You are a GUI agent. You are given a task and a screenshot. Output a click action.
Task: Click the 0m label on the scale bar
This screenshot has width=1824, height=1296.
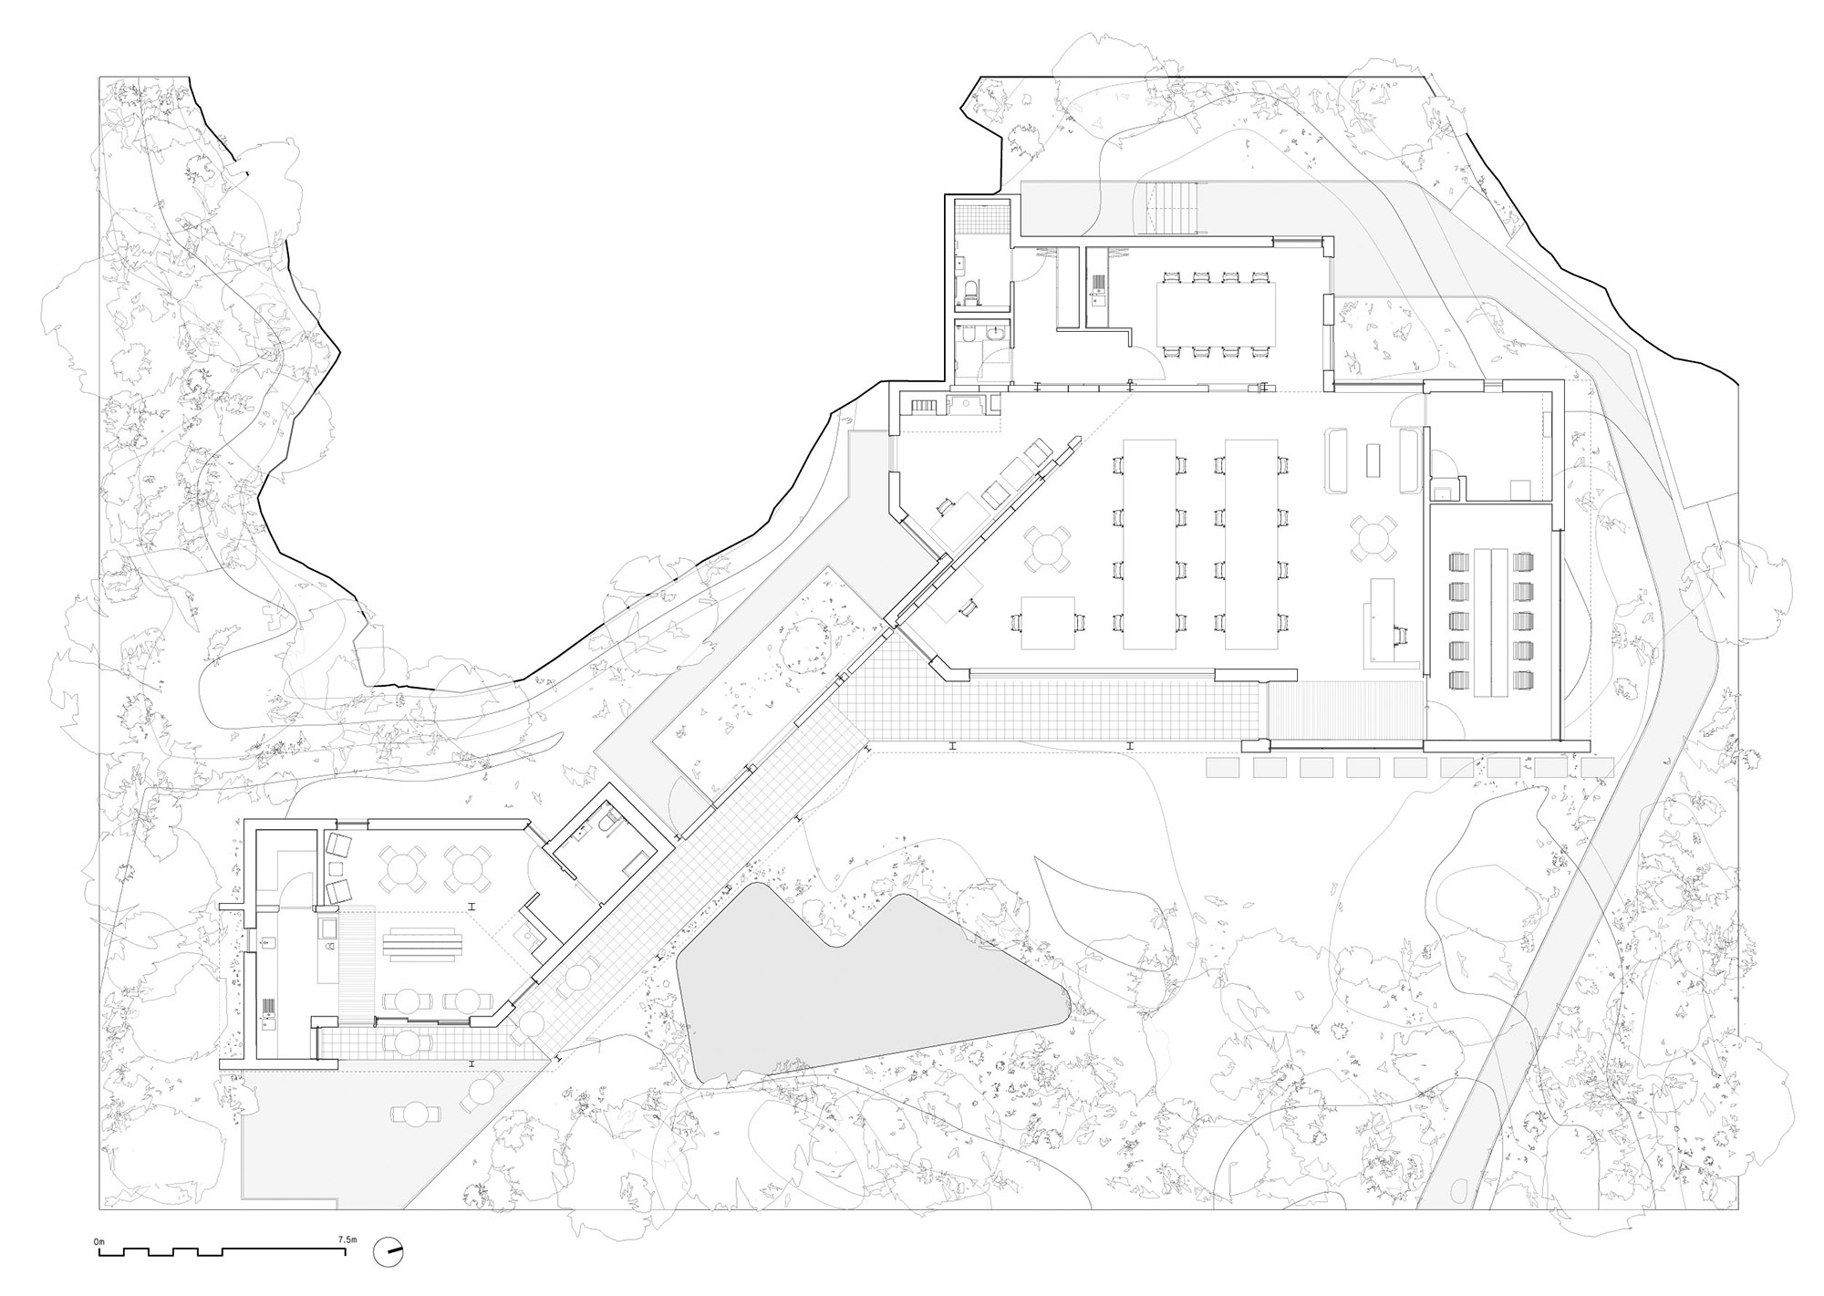pos(98,1242)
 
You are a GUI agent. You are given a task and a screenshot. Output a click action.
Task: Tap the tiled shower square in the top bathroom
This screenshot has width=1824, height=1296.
pos(983,215)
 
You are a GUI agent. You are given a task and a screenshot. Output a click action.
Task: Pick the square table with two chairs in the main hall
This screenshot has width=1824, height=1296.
pos(1048,623)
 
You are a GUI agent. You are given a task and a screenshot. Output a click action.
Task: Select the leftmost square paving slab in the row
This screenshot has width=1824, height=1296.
pos(1222,768)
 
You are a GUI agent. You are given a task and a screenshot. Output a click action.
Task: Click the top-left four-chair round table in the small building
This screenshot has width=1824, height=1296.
pos(401,867)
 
